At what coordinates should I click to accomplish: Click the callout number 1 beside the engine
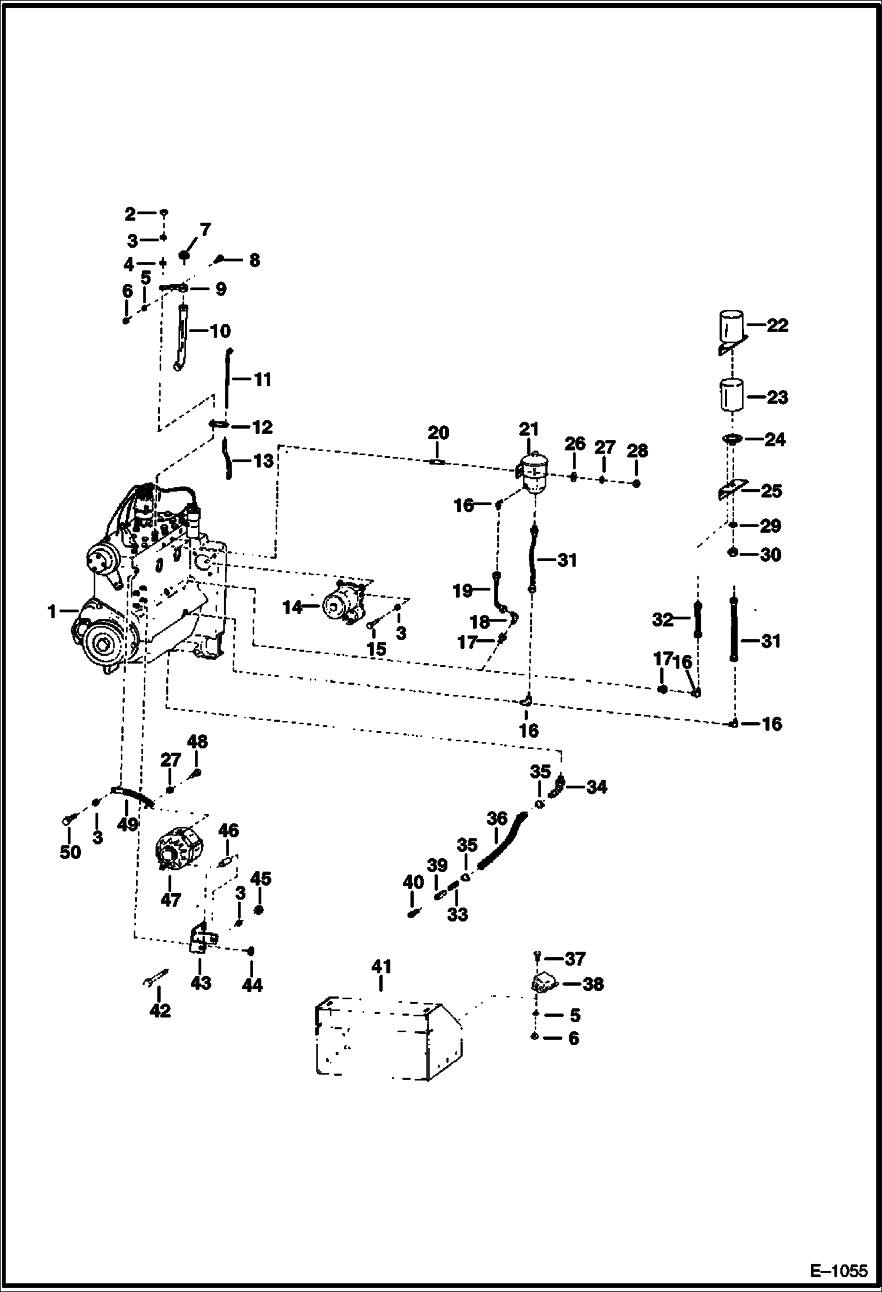pos(52,612)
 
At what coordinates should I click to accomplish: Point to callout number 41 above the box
pos(381,967)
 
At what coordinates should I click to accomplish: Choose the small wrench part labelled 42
pos(155,979)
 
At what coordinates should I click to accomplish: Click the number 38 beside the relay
pos(592,984)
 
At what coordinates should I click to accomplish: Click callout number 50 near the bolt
pos(70,852)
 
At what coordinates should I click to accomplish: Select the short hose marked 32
pos(698,620)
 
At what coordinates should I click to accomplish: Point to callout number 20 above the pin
pos(438,433)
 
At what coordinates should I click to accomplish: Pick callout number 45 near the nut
pos(261,879)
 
